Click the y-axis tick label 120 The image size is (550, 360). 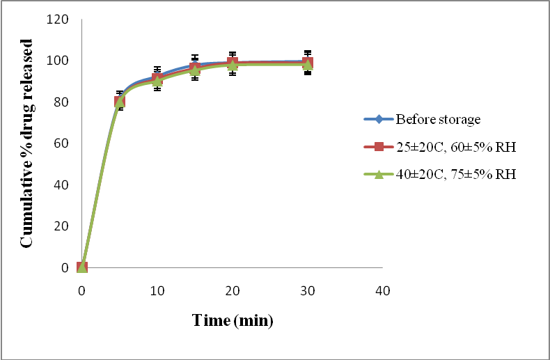coord(58,19)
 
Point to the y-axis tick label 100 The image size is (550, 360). coord(58,61)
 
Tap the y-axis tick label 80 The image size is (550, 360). coord(61,102)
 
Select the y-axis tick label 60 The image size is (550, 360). coord(61,143)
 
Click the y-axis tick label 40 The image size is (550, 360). coord(61,185)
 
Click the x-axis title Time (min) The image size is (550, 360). coord(233,320)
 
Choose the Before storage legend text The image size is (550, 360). coord(438,120)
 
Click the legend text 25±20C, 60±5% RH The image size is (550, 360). coord(456,147)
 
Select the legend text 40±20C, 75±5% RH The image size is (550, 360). coord(456,175)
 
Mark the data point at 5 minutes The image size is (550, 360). coord(120,102)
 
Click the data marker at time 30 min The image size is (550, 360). coord(308,63)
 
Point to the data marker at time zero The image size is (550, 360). coord(82,267)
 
